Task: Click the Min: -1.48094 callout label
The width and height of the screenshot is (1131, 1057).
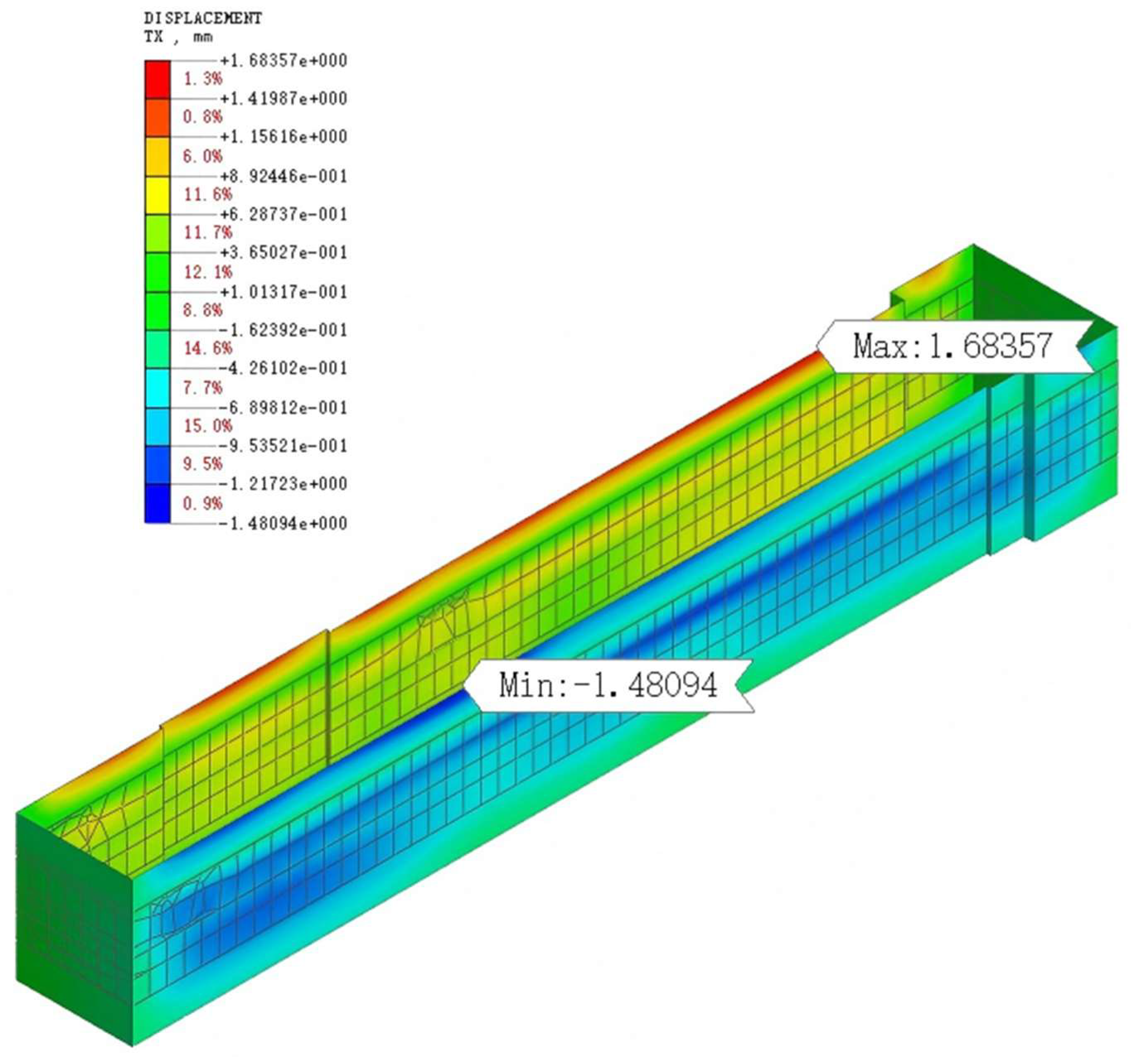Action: (x=609, y=685)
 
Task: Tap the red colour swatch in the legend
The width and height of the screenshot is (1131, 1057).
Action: (x=158, y=80)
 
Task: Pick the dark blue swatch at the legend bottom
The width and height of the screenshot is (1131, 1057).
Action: (x=158, y=503)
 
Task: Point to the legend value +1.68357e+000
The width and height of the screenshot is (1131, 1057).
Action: (x=283, y=60)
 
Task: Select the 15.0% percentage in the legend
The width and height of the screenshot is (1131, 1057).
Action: (x=208, y=426)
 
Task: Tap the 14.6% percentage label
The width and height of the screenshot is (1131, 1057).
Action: (x=208, y=348)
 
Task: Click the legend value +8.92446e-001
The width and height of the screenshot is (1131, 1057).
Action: (x=283, y=176)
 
